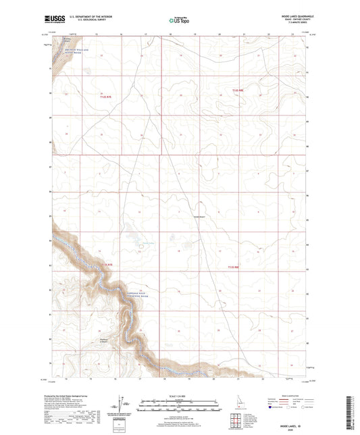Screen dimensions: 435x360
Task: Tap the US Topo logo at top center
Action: click(180, 20)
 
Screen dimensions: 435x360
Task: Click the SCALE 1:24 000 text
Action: click(180, 396)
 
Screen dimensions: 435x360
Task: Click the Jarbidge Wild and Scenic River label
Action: click(113, 297)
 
